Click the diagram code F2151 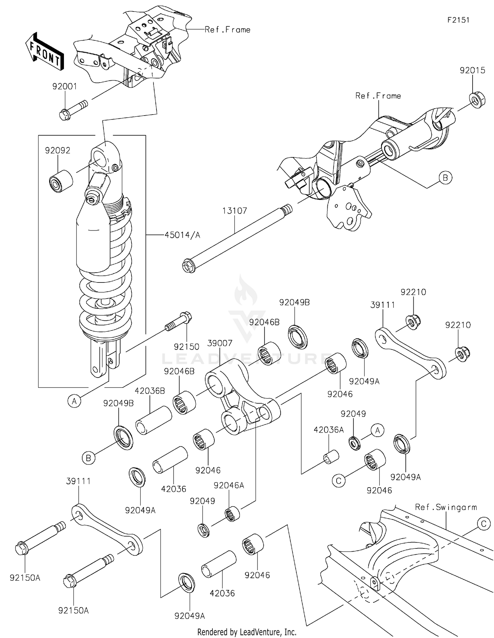coord(458,20)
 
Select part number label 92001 coord(65,87)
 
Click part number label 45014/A coord(182,235)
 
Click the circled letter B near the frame coord(445,178)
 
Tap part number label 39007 coord(220,343)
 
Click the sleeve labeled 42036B coord(153,420)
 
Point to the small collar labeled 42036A coord(331,457)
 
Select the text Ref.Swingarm coord(446,507)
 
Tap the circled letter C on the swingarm coord(483,524)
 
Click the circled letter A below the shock coord(74,401)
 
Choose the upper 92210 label coord(413,292)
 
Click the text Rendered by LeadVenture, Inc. coord(247,632)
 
